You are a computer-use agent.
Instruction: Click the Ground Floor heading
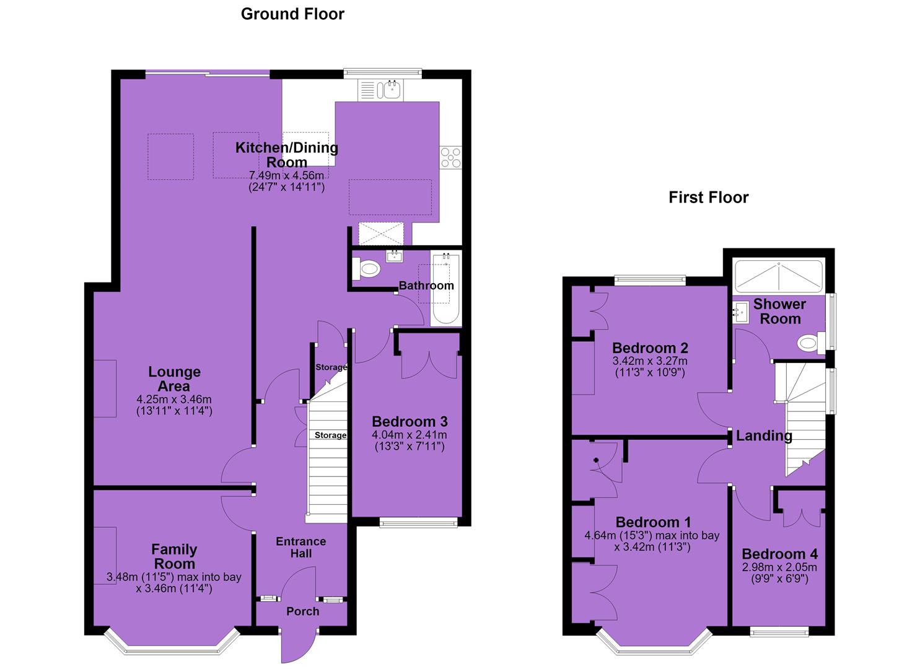292,14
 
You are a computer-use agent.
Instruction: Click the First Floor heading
709,198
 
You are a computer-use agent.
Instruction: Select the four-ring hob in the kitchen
450,157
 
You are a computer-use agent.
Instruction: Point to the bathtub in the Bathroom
445,289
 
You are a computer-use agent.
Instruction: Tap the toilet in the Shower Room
811,342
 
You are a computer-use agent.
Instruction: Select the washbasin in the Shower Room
739,313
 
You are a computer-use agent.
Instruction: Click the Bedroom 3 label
410,421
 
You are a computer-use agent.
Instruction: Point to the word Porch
303,611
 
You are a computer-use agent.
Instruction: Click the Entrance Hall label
301,547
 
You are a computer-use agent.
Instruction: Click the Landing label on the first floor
764,435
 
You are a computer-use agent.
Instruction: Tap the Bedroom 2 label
650,348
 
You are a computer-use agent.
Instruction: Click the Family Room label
174,556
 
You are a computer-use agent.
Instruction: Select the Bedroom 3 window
419,522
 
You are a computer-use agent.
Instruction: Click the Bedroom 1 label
653,522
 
